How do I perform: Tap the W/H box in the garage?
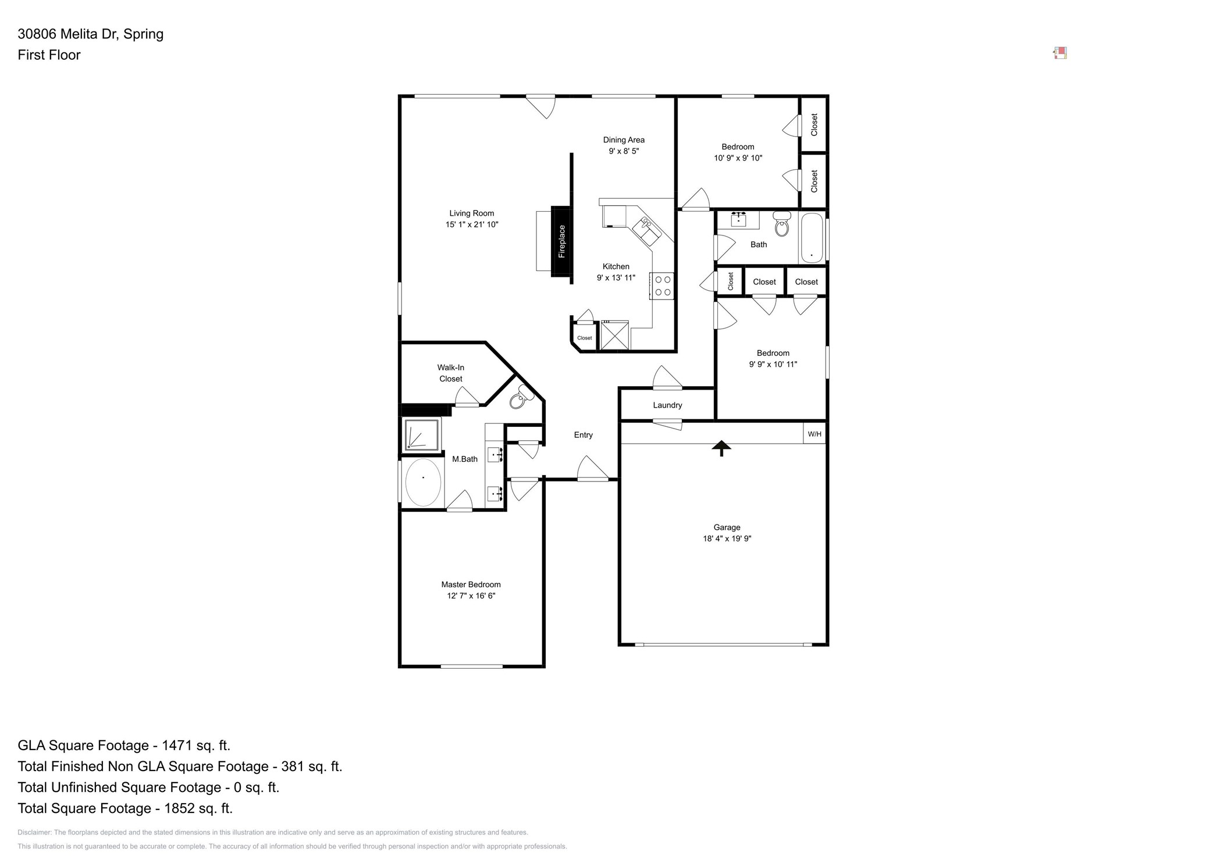point(815,434)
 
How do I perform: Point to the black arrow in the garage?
point(721,448)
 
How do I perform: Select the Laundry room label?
point(667,405)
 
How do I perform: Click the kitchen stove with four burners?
point(663,286)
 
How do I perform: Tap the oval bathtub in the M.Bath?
point(423,482)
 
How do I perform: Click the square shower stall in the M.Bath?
point(422,434)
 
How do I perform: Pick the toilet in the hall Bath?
point(782,224)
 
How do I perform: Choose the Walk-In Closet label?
point(451,373)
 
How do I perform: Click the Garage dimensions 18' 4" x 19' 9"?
point(727,538)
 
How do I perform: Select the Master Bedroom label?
point(471,584)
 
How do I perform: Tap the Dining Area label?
point(624,140)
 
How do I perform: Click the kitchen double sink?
point(648,231)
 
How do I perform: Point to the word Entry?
point(583,435)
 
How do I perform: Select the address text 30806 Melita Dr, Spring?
point(90,34)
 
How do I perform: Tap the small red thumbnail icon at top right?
point(1060,53)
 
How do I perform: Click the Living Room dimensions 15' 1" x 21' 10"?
point(472,224)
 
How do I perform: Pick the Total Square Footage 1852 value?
point(198,808)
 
